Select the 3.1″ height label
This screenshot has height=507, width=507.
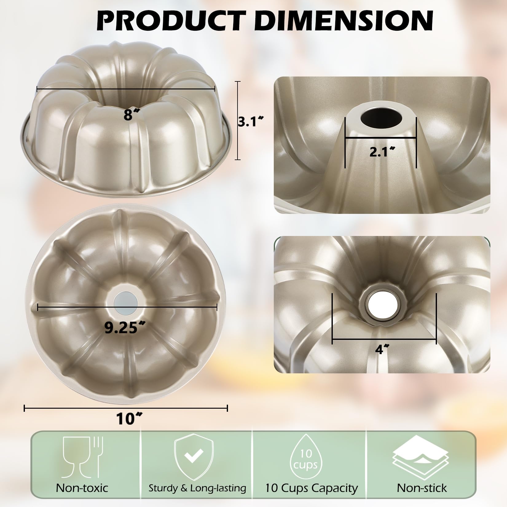click(251, 122)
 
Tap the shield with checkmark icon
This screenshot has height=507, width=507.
click(194, 458)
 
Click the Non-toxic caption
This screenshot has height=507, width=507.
click(82, 488)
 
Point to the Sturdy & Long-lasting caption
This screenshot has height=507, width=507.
click(197, 488)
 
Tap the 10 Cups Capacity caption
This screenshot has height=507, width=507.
click(312, 488)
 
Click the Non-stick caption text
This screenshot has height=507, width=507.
click(422, 488)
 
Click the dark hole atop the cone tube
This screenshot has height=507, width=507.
click(381, 117)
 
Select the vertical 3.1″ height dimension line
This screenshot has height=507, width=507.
click(237, 120)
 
